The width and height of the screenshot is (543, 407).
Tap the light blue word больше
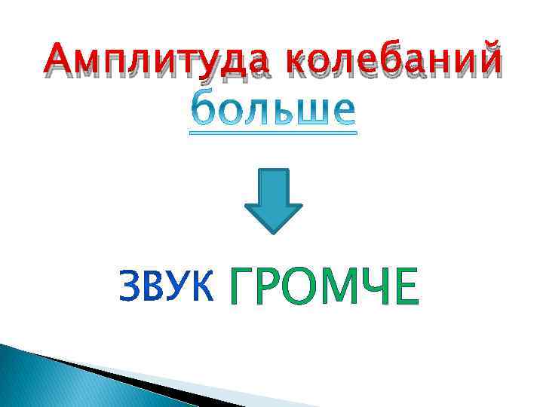[x=272, y=109]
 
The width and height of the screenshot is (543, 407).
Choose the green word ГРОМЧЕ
[x=322, y=287]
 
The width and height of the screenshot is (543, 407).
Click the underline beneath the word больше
[x=272, y=133]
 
